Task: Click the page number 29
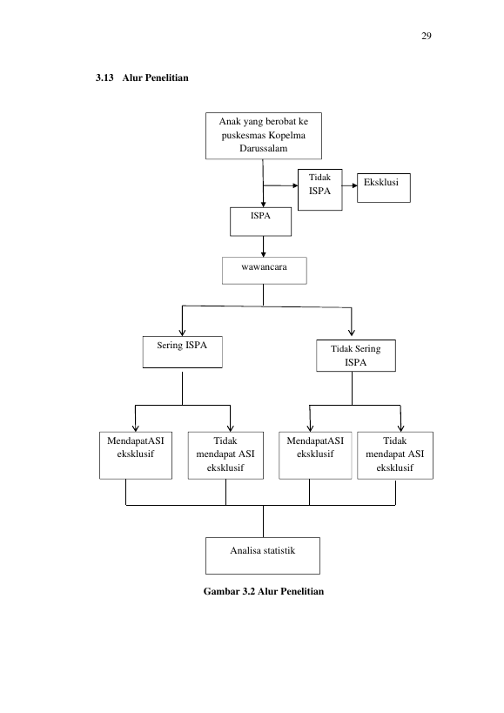coord(427,36)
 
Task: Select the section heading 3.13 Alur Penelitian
coord(142,77)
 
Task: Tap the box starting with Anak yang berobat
coord(264,136)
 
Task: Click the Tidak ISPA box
coord(320,190)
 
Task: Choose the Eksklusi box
coord(384,188)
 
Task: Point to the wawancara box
coord(265,271)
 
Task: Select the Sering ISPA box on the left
coord(182,352)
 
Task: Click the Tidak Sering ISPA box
coord(356,355)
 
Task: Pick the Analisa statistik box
coord(263,555)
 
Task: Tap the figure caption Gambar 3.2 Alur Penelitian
coord(264,591)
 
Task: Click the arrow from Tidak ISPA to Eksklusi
coord(349,185)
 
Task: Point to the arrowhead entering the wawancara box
coord(263,254)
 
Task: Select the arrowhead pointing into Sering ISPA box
coord(182,333)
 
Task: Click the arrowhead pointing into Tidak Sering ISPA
coord(352,333)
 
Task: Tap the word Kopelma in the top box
coord(286,135)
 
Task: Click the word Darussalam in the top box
coord(264,148)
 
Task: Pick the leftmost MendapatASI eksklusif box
coord(136,455)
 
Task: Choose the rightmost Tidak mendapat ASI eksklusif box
coord(395,455)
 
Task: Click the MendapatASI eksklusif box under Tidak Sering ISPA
coord(315,455)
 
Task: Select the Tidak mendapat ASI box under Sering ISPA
coord(225,455)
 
